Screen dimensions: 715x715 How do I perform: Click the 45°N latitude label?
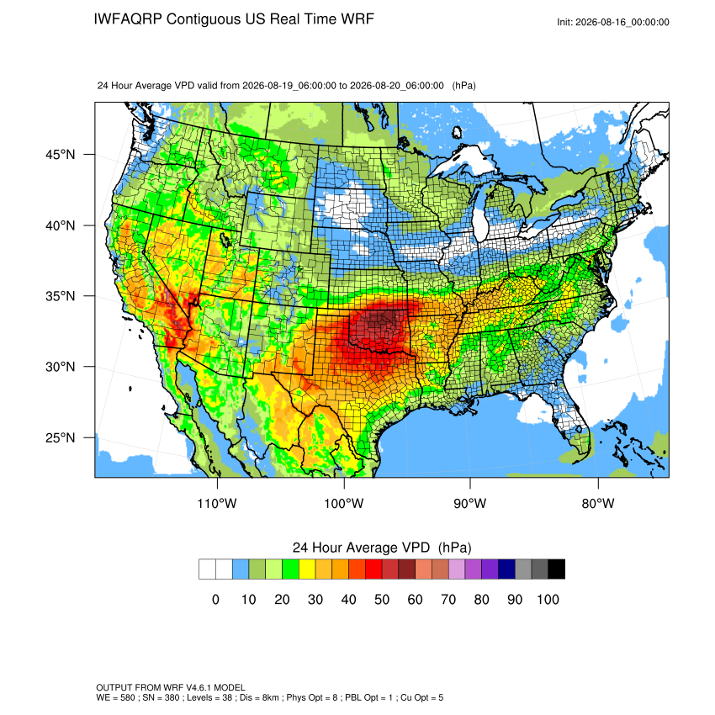61,155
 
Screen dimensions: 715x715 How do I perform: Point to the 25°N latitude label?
61,437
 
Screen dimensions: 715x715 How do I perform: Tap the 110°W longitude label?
217,503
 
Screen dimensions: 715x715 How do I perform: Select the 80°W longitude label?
598,503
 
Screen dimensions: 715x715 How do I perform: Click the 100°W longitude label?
344,503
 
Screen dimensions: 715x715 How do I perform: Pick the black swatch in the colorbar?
556,569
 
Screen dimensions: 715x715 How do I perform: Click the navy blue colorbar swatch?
506,569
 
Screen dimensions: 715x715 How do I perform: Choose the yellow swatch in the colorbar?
307,569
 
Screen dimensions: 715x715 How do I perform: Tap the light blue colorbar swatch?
241,569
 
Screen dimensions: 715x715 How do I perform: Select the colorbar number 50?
382,599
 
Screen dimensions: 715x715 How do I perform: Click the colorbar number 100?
548,599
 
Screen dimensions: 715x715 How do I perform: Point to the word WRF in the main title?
359,19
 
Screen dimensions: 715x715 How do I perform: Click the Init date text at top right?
613,23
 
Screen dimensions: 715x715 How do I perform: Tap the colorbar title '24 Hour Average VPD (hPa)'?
382,548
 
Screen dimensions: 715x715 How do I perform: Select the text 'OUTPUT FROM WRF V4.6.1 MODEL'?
171,687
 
